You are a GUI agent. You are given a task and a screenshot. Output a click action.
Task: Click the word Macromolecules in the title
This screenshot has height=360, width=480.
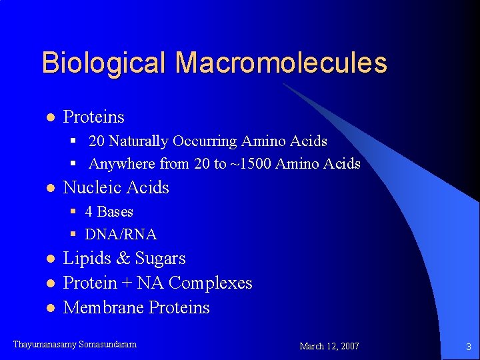coord(281,63)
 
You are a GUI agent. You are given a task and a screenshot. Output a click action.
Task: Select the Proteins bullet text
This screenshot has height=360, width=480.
coord(93,117)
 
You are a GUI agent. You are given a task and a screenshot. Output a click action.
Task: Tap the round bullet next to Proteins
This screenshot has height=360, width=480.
coord(49,118)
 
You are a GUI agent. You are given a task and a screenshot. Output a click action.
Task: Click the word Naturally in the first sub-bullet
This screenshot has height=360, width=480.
coord(139,141)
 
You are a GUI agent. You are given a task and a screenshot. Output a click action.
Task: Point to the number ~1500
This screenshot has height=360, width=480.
coord(251,164)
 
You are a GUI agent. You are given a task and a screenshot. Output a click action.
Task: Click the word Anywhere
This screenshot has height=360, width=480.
coord(121,164)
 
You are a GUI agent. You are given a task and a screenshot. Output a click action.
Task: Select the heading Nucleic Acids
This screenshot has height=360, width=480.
coord(116,188)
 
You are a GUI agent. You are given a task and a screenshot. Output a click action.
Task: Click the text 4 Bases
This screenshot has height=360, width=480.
coord(109,212)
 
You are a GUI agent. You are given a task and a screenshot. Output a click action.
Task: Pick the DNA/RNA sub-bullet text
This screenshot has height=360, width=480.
coord(121,235)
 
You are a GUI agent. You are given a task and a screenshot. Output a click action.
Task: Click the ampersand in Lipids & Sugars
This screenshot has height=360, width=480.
coord(122,259)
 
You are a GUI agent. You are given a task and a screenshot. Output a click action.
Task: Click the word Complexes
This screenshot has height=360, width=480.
coord(210,283)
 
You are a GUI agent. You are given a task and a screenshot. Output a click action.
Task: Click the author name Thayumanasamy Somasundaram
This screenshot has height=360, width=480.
coord(75,345)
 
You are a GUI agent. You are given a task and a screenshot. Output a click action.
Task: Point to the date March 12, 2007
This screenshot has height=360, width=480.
coord(329,346)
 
